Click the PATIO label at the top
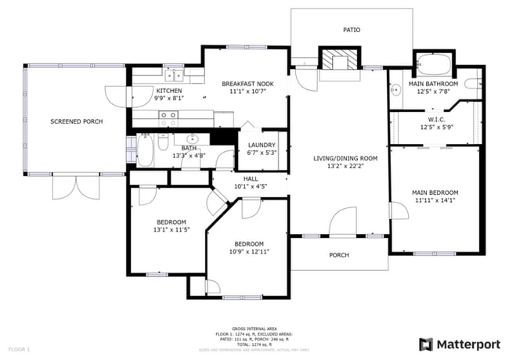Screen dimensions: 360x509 [352, 30]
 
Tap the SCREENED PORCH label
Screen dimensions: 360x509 [77, 121]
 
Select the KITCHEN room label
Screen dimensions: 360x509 [147, 91]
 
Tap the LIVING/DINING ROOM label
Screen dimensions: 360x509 [345, 159]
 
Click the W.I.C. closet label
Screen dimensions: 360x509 [437, 120]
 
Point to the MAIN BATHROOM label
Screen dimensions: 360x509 [437, 84]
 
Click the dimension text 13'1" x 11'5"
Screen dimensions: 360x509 [171, 230]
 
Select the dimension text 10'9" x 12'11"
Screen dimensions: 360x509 [249, 251]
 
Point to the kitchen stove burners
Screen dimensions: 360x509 [168, 118]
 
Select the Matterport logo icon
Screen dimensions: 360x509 [426, 344]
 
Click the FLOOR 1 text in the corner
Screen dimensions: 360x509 [19, 348]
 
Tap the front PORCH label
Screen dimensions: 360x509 [339, 255]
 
